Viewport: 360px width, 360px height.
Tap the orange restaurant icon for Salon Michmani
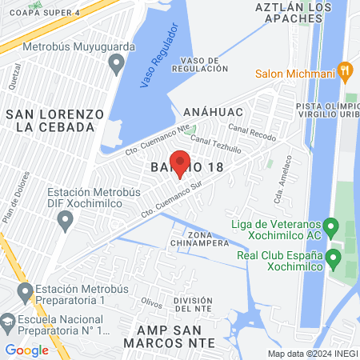tap(346, 70)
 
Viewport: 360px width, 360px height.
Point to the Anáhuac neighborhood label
tap(211, 111)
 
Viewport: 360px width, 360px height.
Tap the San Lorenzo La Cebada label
tap(55, 120)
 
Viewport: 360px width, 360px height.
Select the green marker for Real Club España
tap(336, 258)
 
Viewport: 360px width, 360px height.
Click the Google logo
tap(26, 350)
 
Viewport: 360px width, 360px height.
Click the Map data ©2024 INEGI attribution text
tap(312, 353)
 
